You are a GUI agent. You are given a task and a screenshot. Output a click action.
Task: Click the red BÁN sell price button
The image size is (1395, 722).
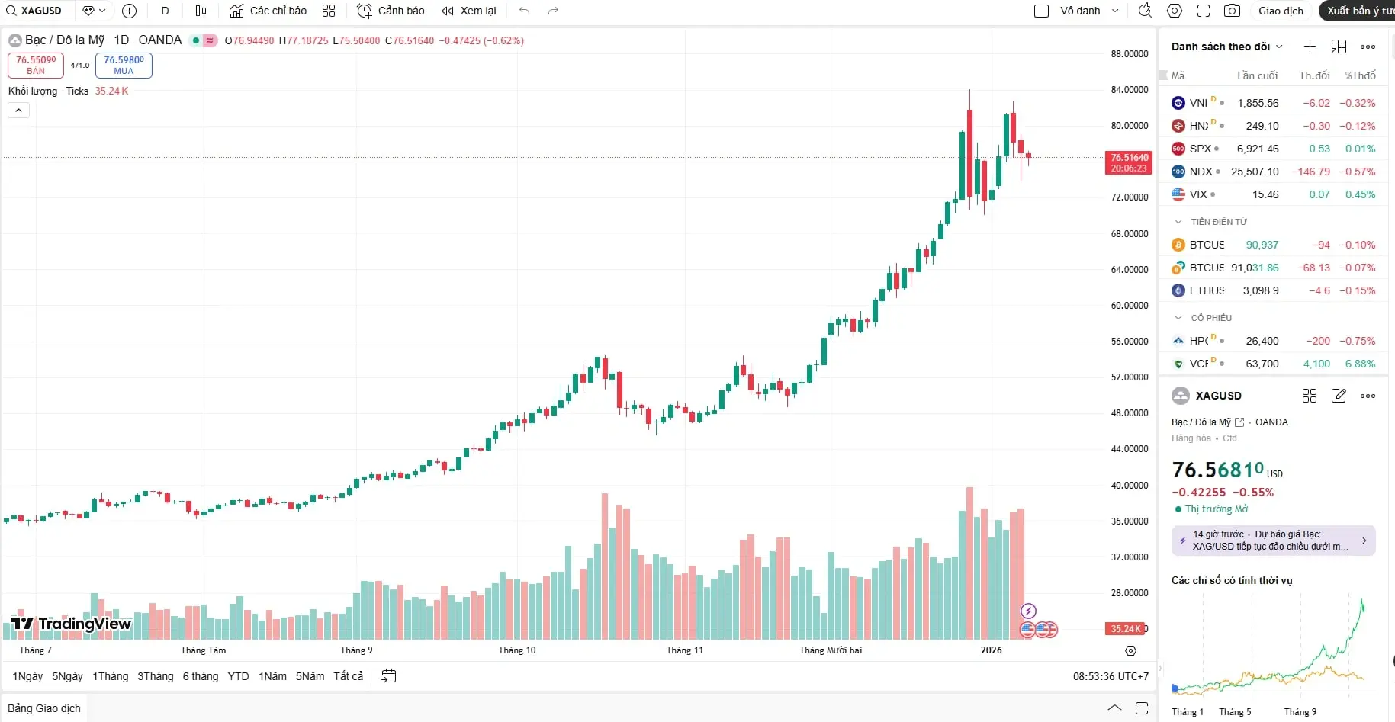click(x=36, y=65)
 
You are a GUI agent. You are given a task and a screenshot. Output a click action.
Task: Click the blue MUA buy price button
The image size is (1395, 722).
click(x=124, y=65)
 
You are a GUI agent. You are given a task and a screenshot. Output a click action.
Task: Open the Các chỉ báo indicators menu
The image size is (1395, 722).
click(x=268, y=11)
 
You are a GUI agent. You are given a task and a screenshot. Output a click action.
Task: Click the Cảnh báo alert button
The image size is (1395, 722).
click(x=391, y=11)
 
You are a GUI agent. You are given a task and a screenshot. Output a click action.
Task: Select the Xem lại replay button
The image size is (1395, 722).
click(x=469, y=11)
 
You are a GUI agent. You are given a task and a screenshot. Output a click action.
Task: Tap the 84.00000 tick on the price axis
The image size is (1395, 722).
click(x=1129, y=90)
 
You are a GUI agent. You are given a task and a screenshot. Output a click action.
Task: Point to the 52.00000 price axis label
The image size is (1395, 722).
click(x=1129, y=377)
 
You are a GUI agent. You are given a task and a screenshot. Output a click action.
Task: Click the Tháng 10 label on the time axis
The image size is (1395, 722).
click(x=517, y=650)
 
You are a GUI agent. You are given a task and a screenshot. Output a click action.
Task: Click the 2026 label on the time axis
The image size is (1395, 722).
click(x=992, y=650)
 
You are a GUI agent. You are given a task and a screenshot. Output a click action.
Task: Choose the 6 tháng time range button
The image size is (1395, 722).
click(x=201, y=676)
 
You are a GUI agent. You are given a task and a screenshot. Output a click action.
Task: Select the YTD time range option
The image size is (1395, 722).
click(x=238, y=676)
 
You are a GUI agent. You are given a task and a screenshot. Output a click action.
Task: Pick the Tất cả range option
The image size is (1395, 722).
click(x=348, y=676)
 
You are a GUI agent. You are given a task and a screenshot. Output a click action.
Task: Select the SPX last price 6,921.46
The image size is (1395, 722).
click(x=1258, y=149)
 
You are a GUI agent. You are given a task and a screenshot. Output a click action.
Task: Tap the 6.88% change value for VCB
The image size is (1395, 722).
click(x=1360, y=364)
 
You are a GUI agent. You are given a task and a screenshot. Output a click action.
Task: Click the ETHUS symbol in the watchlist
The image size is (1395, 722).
click(x=1207, y=290)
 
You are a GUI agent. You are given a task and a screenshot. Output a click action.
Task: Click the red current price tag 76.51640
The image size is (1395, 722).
click(x=1129, y=163)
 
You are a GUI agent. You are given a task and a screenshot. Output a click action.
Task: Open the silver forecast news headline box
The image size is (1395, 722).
click(x=1273, y=541)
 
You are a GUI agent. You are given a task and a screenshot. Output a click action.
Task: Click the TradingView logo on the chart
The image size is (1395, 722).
click(x=71, y=624)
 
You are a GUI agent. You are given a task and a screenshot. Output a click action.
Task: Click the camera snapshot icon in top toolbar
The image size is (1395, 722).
click(x=1231, y=11)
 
